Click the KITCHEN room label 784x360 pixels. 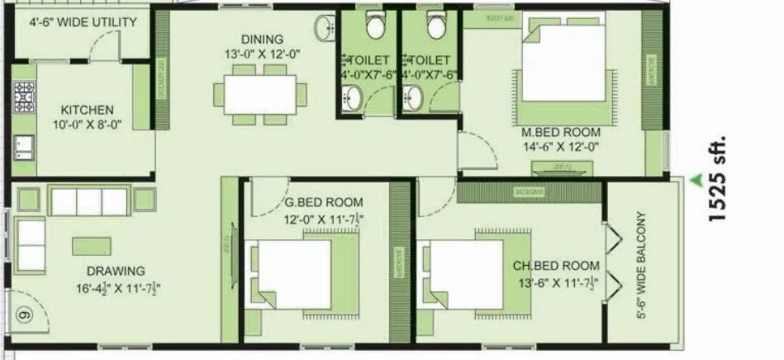(87, 110)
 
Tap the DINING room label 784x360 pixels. (262, 39)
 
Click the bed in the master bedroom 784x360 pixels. (558, 69)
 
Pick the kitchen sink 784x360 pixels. (23, 146)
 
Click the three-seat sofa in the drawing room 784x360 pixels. (89, 201)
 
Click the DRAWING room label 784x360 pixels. (116, 271)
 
